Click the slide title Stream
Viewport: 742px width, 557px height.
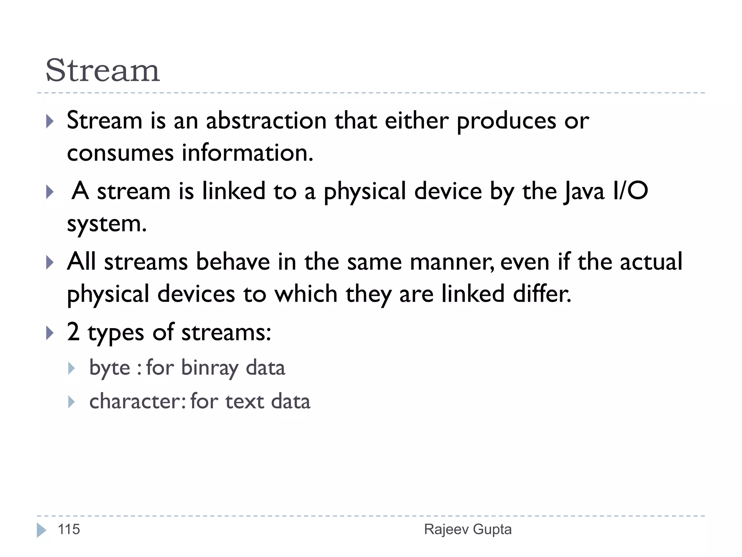103,70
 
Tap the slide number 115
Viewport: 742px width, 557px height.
69,529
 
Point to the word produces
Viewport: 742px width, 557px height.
506,121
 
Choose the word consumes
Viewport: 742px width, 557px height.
120,153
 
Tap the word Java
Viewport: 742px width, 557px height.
584,191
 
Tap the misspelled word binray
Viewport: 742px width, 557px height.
210,368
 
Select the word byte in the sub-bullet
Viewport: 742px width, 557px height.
109,368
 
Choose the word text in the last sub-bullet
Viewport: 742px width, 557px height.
245,401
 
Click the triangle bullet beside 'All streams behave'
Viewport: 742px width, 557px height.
50,262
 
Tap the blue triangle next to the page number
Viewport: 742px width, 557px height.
41,530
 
